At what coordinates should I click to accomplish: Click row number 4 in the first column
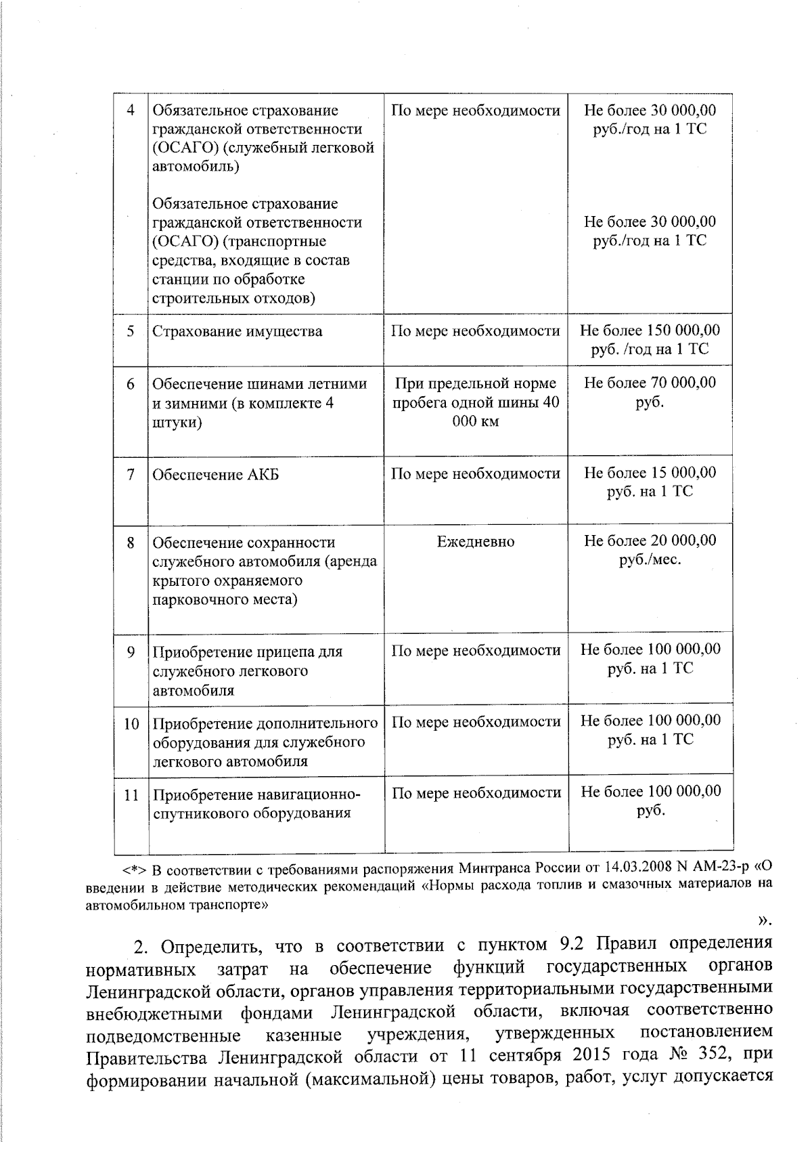pos(131,110)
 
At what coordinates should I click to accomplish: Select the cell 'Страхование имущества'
pos(237,332)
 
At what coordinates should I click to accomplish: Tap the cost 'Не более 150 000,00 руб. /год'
pos(650,340)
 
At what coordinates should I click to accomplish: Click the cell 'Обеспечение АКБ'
pos(215,475)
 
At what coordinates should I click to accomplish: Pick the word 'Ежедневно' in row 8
pos(475,542)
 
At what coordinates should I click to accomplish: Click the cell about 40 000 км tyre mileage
pos(475,402)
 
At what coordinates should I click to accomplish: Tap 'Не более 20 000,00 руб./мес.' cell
pos(650,550)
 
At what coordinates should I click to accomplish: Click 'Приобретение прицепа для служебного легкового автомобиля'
pos(248,671)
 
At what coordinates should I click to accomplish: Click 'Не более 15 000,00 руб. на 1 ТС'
pos(650,482)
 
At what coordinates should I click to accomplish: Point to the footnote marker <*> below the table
pos(135,870)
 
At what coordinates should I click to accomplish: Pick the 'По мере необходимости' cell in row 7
pos(475,474)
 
